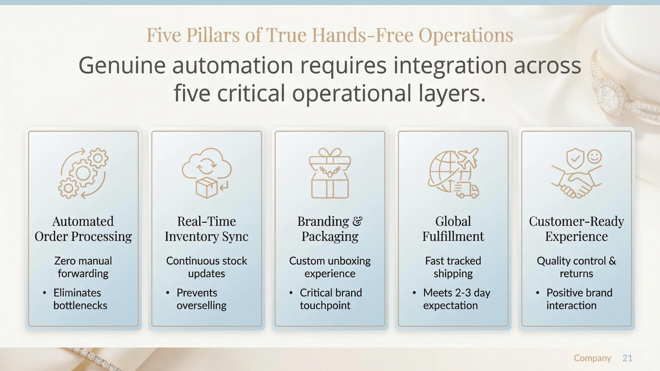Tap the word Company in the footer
(x=592, y=358)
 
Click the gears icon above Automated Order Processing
(x=83, y=173)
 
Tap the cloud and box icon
(x=207, y=173)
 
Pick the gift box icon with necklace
(x=330, y=173)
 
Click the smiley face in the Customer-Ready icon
(x=594, y=156)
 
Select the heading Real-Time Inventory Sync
(x=207, y=229)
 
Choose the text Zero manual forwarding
(x=83, y=267)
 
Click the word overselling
(x=201, y=305)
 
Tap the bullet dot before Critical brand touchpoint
(x=291, y=293)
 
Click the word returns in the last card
(x=576, y=273)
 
